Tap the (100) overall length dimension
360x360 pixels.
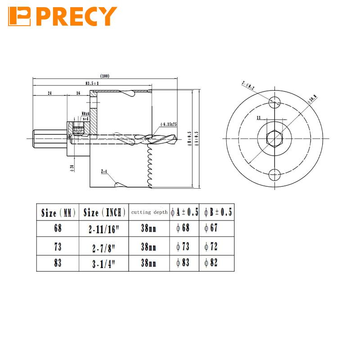click(x=105, y=76)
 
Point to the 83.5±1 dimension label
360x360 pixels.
click(x=93, y=83)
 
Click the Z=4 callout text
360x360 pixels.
click(x=104, y=171)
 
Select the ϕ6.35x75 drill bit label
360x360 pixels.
click(x=168, y=125)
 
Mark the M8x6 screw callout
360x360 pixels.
click(x=85, y=113)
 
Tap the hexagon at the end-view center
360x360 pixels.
click(x=274, y=139)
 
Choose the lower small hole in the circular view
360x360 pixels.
click(x=274, y=175)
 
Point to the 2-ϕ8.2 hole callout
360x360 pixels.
click(x=248, y=85)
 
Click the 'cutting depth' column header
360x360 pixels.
click(x=149, y=211)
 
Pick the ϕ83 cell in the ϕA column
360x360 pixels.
click(x=184, y=263)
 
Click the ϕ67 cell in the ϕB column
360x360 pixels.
click(x=211, y=228)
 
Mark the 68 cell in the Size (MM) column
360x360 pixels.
click(x=58, y=228)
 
